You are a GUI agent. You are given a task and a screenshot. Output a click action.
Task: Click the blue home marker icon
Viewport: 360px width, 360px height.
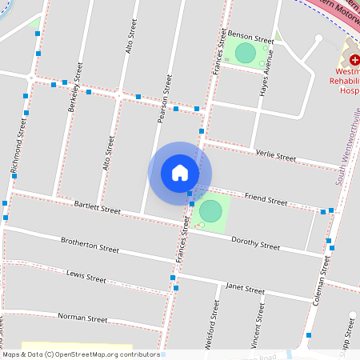(180, 173)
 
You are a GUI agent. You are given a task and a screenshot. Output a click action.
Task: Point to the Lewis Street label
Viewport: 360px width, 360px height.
(86, 278)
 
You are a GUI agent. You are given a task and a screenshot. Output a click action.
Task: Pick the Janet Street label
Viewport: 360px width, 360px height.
(244, 289)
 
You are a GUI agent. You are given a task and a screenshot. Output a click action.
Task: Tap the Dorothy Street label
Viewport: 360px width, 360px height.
(255, 243)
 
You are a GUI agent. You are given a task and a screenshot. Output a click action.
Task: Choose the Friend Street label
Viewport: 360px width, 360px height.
(266, 199)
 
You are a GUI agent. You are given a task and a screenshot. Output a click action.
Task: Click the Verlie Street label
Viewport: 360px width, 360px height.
(274, 154)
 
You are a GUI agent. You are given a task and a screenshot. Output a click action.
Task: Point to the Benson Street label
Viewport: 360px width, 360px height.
(250, 38)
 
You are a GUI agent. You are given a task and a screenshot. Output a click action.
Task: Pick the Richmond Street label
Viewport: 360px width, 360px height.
(18, 148)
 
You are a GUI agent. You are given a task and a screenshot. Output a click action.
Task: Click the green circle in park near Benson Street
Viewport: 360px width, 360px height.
(246, 54)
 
